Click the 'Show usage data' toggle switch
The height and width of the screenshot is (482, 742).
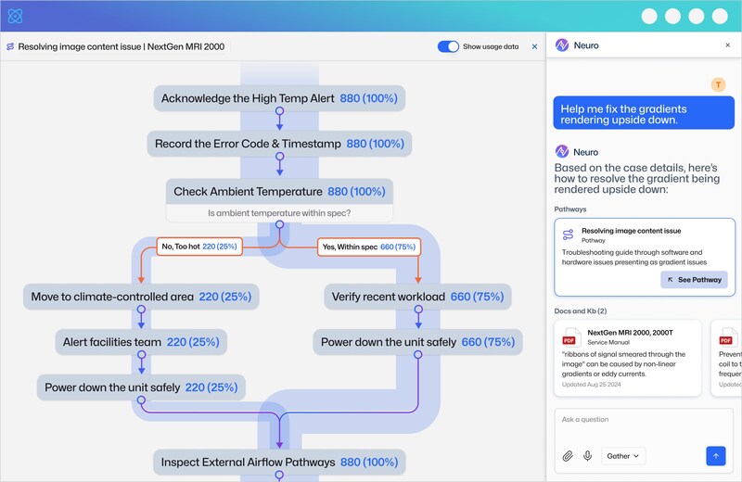448,46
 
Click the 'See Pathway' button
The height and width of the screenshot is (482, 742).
694,279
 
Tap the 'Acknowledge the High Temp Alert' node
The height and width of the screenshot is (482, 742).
279,98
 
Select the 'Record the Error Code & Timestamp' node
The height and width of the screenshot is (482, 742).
279,144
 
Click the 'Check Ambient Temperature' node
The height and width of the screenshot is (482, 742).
279,192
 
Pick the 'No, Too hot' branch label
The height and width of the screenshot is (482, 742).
199,247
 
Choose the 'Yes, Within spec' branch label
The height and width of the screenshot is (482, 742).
368,247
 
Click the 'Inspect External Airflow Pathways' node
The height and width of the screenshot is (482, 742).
279,462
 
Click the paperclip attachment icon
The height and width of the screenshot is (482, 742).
568,456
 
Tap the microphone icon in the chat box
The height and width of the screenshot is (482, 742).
587,456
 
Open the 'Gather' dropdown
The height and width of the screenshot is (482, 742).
623,456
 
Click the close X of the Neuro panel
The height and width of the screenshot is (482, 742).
727,44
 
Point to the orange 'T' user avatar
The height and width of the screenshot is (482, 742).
718,85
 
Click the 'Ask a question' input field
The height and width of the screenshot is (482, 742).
640,420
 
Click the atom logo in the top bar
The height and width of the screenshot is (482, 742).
15,16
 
